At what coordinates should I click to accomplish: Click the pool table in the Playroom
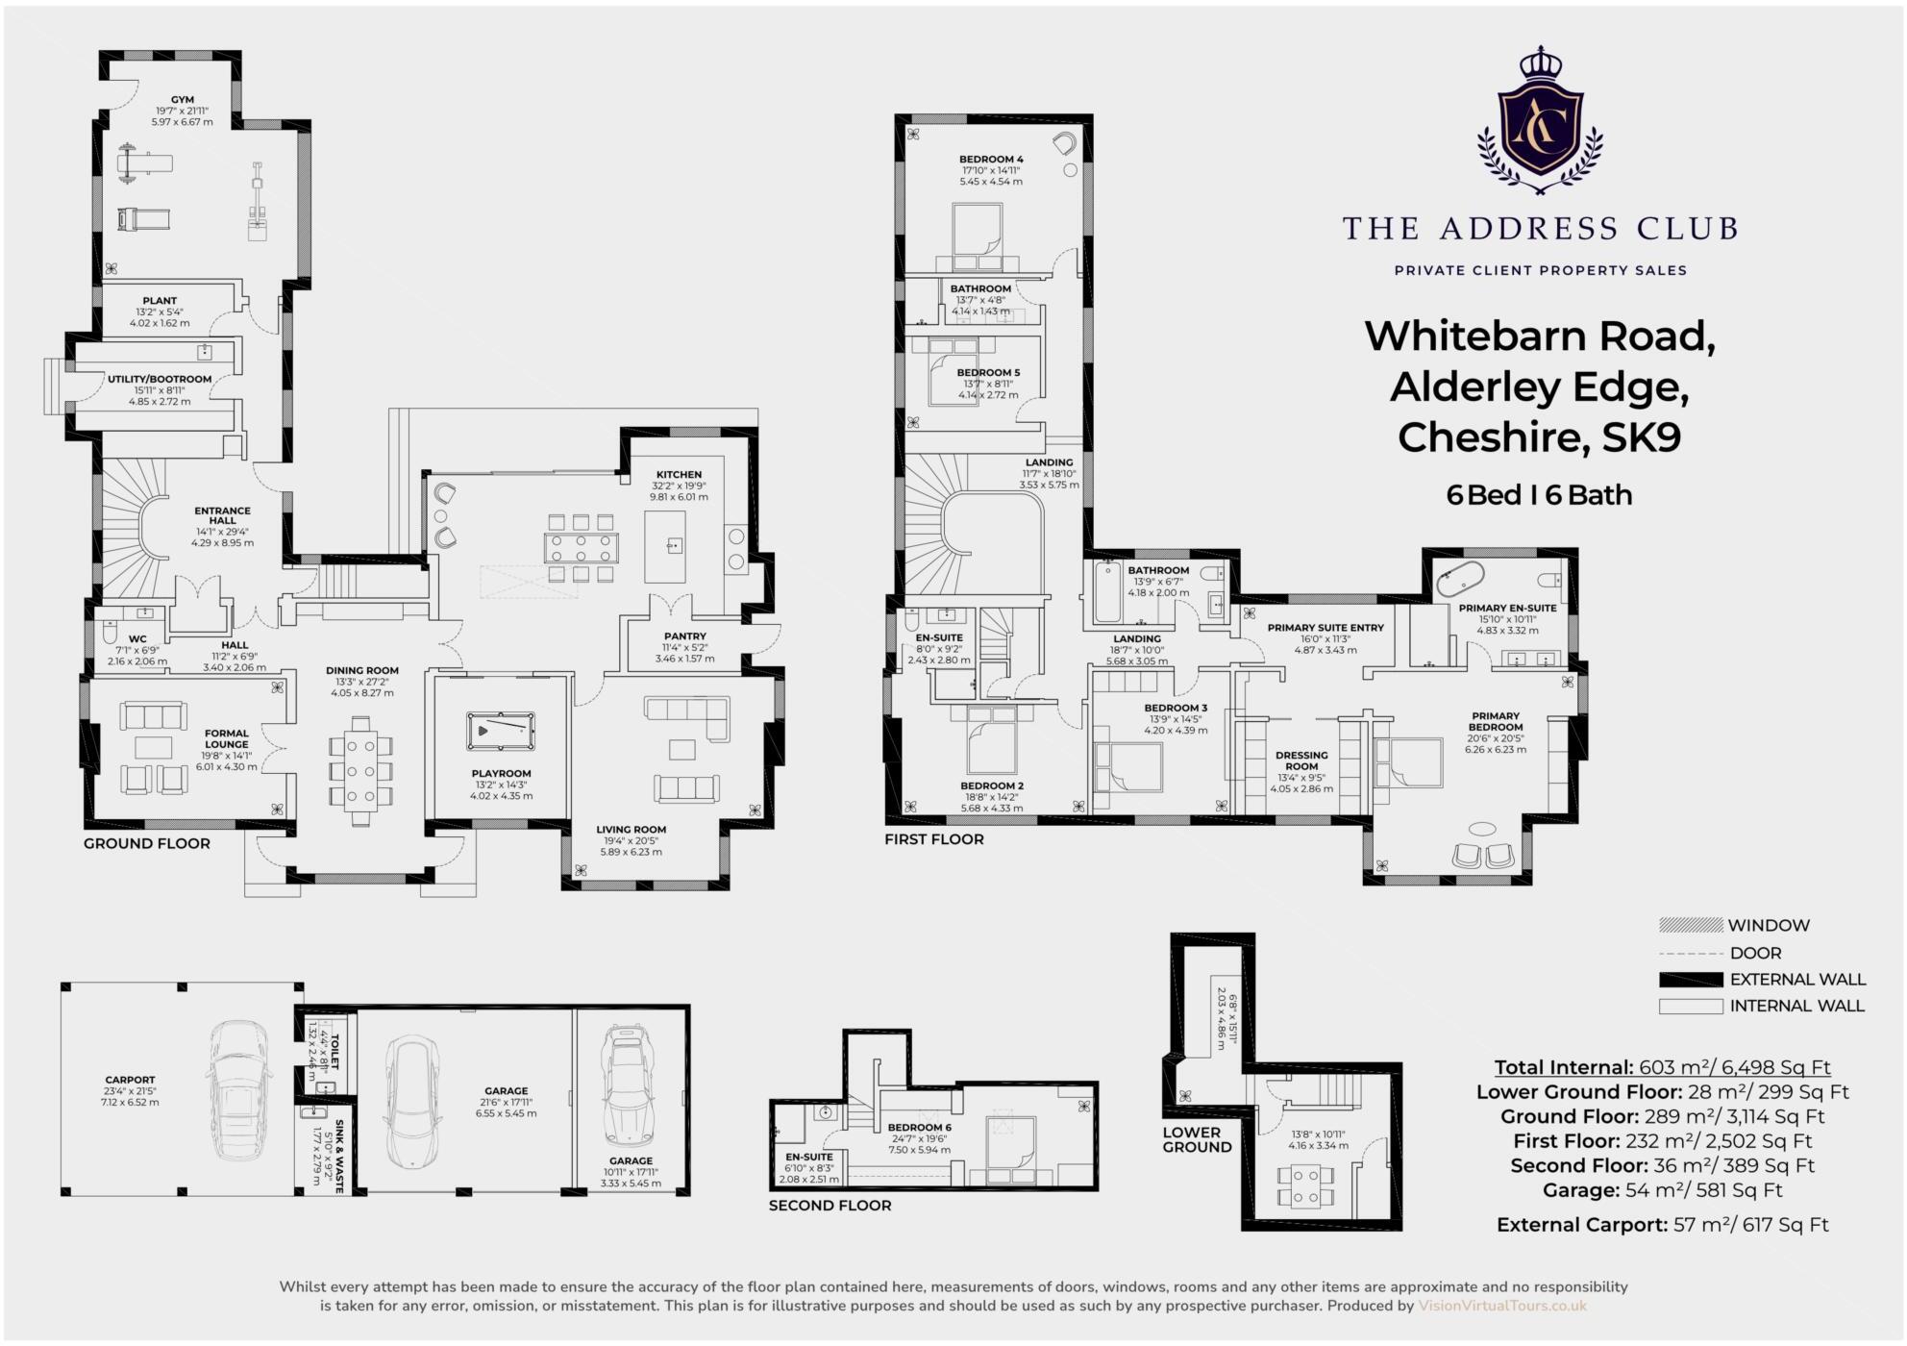click(500, 731)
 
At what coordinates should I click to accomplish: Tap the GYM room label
click(183, 100)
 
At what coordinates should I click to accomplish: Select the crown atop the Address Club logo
click(1540, 62)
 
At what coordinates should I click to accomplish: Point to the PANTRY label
click(684, 636)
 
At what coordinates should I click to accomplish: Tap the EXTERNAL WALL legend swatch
click(1691, 980)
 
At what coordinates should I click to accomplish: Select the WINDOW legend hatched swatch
click(1691, 926)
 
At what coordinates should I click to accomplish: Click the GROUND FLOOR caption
click(146, 844)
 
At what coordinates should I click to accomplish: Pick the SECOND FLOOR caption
click(830, 1206)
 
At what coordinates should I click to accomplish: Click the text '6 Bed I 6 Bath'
click(1539, 495)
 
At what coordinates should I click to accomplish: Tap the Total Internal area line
click(1662, 1067)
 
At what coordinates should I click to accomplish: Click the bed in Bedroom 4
click(978, 234)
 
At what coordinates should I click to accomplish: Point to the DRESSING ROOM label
click(1301, 760)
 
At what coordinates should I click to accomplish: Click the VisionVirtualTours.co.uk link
click(1502, 1306)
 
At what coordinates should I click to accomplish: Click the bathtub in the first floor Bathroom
click(1105, 593)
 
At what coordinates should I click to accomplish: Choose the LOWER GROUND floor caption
click(1197, 1139)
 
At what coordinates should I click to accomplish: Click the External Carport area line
click(1662, 1225)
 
